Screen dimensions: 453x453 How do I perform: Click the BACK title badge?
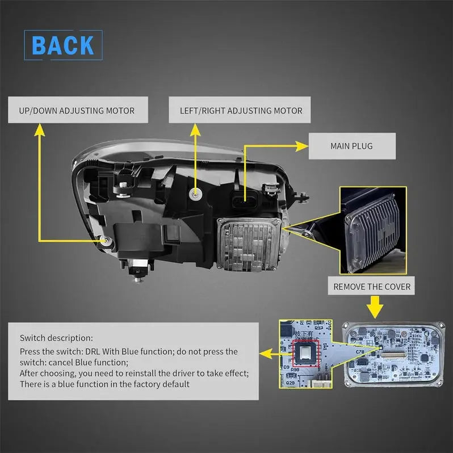(x=63, y=45)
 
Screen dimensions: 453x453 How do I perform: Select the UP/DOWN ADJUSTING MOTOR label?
(x=77, y=110)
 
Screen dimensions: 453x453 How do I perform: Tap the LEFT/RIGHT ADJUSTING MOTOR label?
(x=241, y=110)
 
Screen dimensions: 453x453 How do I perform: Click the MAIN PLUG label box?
(x=351, y=146)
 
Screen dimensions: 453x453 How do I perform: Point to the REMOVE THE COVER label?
(x=372, y=287)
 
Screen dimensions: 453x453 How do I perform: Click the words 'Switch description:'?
(x=56, y=338)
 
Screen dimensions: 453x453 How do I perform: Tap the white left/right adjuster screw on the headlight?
(x=196, y=194)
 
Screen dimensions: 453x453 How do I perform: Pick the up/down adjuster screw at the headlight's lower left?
(x=106, y=241)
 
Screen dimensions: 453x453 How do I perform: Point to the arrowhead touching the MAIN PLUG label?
(x=300, y=146)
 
